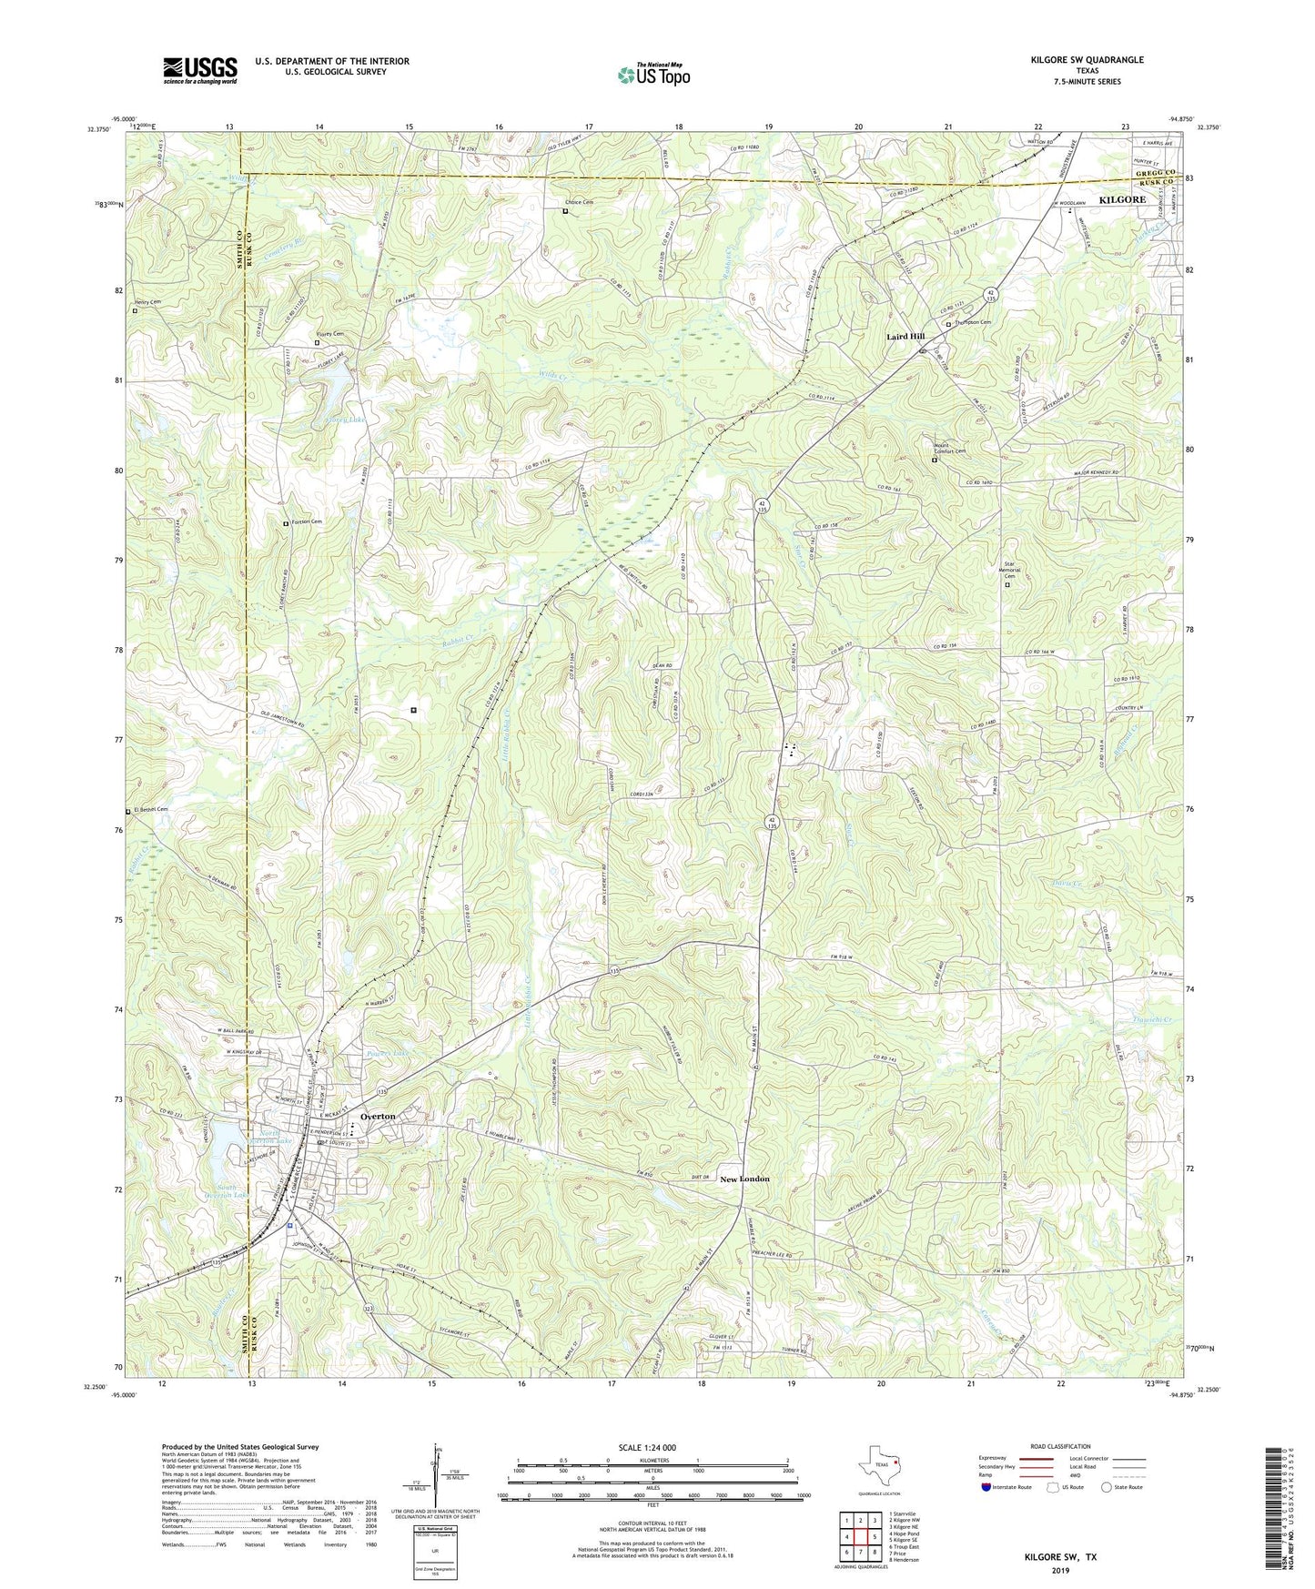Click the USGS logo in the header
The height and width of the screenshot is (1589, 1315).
(200, 70)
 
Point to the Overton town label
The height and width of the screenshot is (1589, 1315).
(378, 1116)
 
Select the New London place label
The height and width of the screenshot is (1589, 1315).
(744, 1179)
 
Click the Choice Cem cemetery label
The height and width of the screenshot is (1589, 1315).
(579, 202)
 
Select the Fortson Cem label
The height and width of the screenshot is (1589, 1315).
(306, 521)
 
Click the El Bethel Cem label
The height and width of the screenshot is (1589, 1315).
(150, 809)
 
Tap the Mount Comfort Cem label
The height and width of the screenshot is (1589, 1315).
(949, 449)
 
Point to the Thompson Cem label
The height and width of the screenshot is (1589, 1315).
(973, 322)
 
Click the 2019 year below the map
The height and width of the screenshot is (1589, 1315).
(1060, 1571)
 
